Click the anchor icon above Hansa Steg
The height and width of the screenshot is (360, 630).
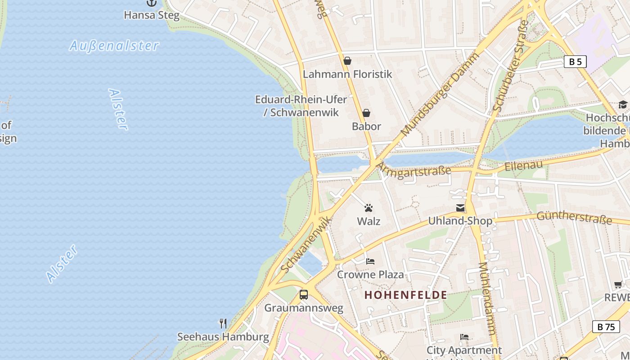152,3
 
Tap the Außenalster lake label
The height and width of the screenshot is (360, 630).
114,45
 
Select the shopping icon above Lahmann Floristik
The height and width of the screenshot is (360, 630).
347,61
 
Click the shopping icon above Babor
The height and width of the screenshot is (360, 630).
366,113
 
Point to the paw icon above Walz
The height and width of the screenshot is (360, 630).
369,208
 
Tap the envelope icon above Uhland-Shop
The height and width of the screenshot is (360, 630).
460,208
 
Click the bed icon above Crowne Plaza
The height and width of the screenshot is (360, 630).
370,261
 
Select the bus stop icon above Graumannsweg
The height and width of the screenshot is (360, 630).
304,295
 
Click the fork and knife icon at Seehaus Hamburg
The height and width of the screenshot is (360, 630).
223,323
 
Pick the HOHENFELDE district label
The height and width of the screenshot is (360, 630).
405,295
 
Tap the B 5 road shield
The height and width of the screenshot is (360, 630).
575,62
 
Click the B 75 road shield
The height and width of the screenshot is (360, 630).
606,327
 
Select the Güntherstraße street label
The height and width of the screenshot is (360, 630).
574,217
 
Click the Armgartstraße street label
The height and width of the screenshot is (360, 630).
413,171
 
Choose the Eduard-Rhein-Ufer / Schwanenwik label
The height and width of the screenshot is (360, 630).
301,106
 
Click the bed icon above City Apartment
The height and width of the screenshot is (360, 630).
464,337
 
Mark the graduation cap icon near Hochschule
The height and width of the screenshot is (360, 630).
623,104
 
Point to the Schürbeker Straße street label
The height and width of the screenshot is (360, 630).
511,65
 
